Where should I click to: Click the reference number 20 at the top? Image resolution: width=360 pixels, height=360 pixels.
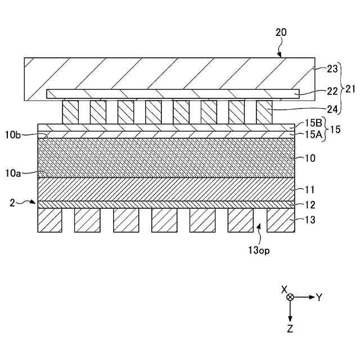[x=281, y=32]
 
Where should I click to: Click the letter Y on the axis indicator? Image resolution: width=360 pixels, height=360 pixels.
[x=319, y=297]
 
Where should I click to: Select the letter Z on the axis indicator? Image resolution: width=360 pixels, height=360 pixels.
[x=290, y=328]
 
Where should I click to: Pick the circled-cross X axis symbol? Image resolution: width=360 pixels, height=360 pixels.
[x=290, y=297]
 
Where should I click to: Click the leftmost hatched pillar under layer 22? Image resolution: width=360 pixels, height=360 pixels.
[x=70, y=112]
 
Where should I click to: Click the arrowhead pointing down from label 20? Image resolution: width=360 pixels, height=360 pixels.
[x=280, y=55]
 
